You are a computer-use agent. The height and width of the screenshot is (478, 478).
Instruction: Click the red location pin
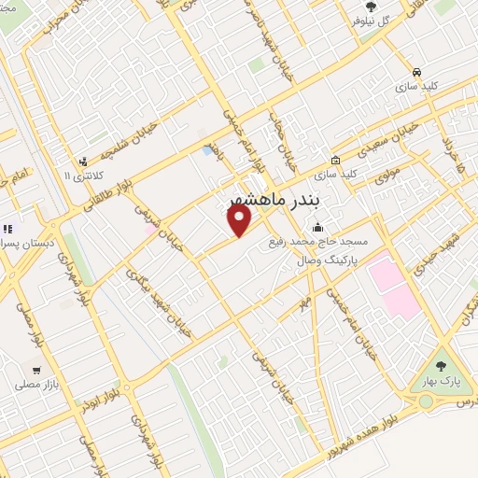point(240,220)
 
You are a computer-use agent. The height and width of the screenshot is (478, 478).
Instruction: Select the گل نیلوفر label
point(371,20)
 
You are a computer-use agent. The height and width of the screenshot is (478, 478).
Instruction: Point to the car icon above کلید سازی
point(416,72)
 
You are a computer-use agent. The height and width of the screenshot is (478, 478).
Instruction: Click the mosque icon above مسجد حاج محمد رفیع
point(318,227)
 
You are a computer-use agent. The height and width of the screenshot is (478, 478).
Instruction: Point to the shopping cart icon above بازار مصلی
point(35,368)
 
